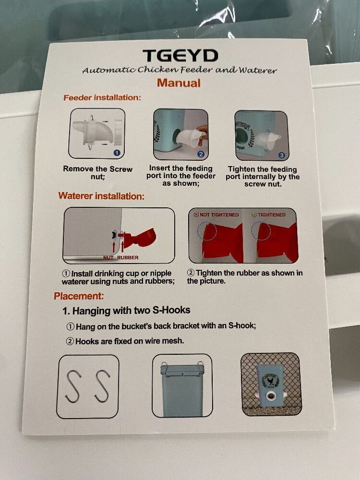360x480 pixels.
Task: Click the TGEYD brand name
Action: [x=180, y=55]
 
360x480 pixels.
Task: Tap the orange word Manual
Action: [x=179, y=83]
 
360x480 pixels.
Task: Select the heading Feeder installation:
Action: [x=102, y=97]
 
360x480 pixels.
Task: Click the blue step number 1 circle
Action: [x=117, y=153]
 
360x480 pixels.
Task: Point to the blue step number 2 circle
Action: [x=201, y=154]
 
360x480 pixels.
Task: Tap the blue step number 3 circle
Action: [x=282, y=156]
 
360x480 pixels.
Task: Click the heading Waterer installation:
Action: [x=101, y=196]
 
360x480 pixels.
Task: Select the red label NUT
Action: [x=108, y=257]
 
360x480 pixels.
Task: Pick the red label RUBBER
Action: [x=128, y=257]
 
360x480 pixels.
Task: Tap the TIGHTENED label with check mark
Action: [x=269, y=215]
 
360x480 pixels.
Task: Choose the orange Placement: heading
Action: [x=79, y=296]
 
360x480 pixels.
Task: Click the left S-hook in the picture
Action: [x=73, y=386]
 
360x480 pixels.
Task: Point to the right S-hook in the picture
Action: [x=102, y=386]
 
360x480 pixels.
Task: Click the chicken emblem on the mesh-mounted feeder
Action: [x=271, y=381]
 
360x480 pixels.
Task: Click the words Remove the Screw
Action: [x=97, y=169]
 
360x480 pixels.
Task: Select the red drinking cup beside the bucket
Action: [x=141, y=238]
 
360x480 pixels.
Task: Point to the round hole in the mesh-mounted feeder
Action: [x=271, y=397]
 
